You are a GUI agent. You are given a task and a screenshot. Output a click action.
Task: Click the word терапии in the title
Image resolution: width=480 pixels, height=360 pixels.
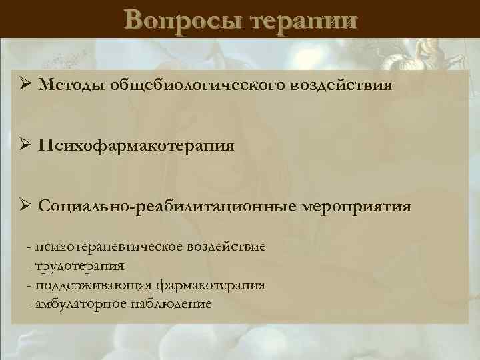[x=303, y=19]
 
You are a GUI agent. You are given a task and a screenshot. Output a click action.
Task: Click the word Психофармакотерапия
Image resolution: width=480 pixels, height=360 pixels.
[x=136, y=145]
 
